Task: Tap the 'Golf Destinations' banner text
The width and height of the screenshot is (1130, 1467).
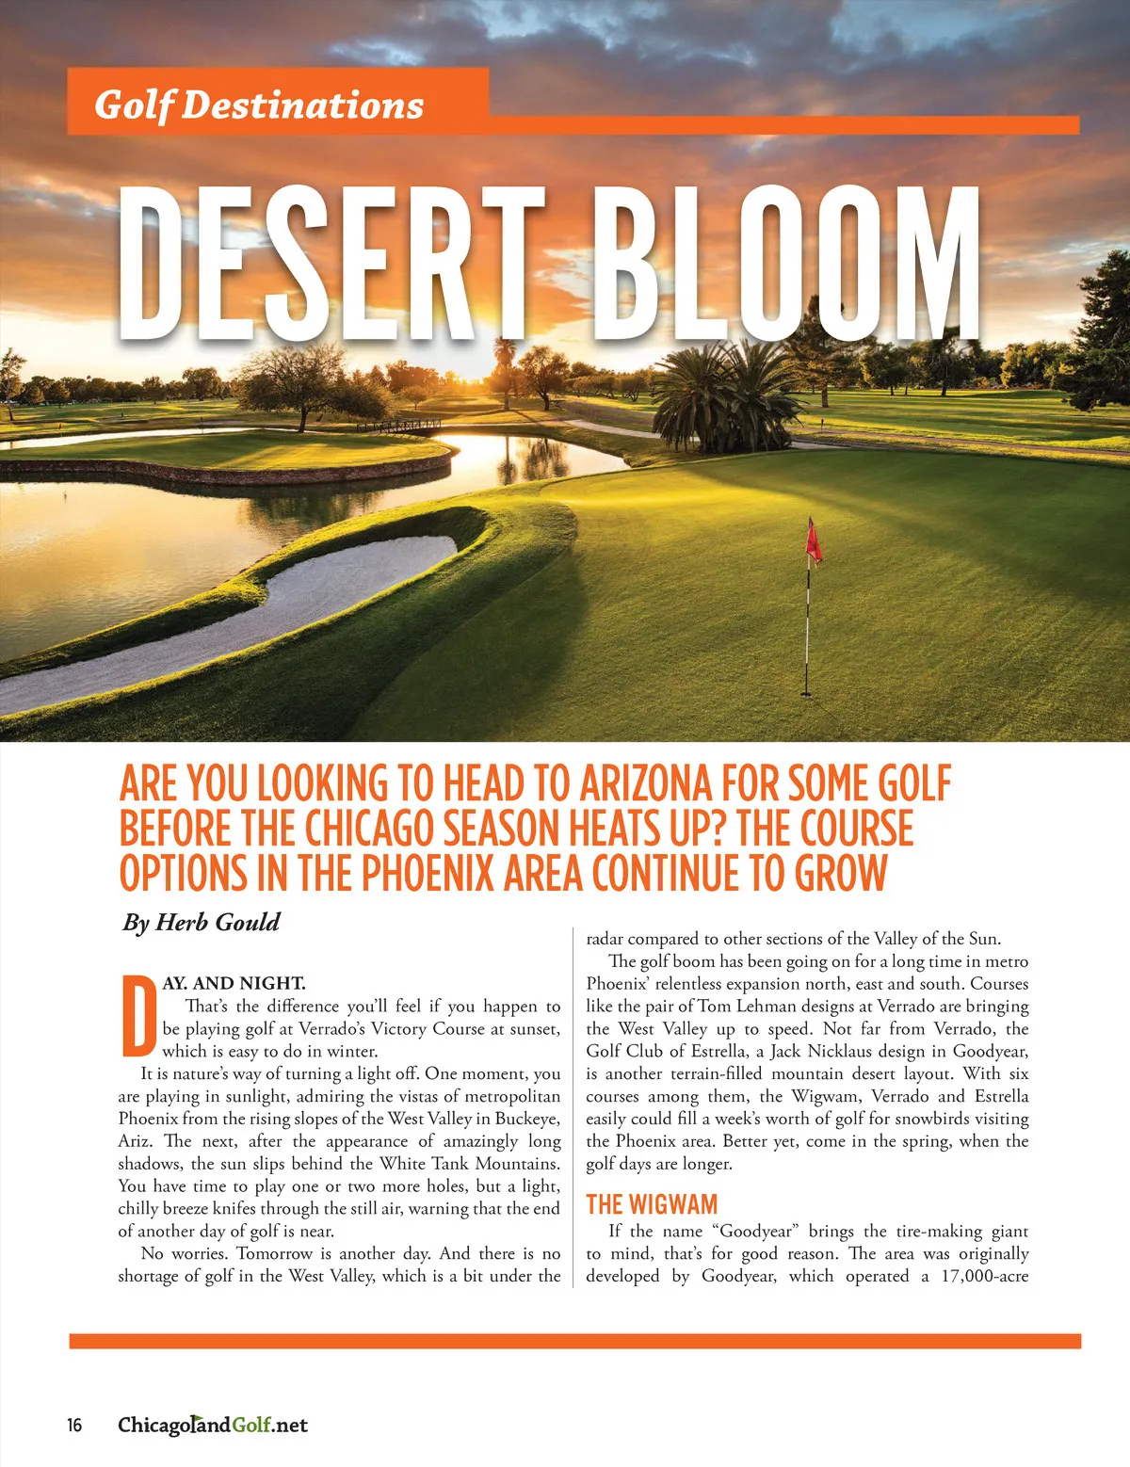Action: point(259,105)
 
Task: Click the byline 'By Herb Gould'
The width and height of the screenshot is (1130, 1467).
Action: point(201,922)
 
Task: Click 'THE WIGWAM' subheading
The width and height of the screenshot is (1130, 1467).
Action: point(652,1204)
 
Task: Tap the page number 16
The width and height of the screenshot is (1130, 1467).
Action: point(74,1425)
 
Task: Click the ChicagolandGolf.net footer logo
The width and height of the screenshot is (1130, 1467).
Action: point(213,1425)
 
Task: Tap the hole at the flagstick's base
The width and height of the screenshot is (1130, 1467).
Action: point(806,694)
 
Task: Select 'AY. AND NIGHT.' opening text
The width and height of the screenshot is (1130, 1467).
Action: point(234,984)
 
